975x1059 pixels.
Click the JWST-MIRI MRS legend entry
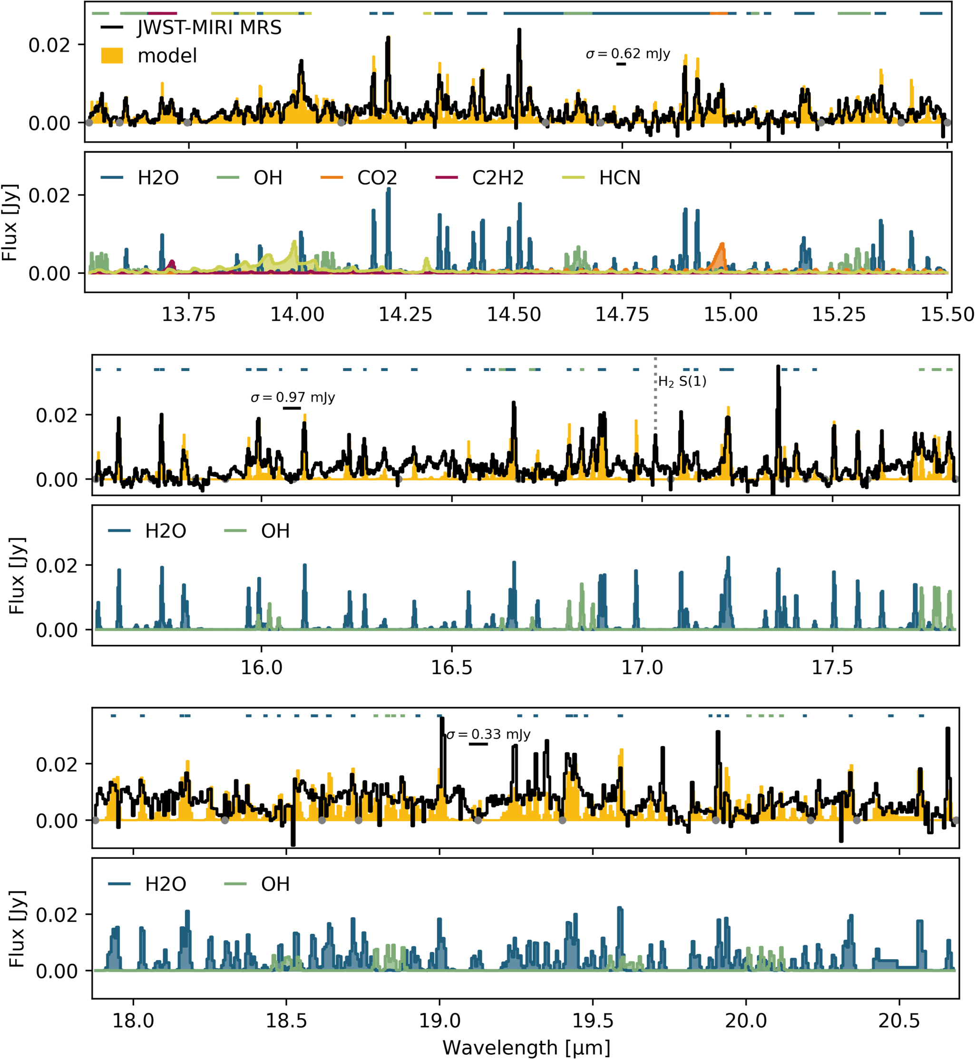(x=209, y=28)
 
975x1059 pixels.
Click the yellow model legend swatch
(x=112, y=55)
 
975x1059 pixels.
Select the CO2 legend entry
(x=377, y=178)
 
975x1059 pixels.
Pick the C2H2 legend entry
(x=497, y=178)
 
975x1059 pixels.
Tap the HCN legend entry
(x=619, y=178)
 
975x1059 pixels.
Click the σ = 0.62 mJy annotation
(x=628, y=54)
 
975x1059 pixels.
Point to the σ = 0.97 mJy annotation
(x=293, y=397)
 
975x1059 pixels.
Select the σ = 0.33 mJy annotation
(x=488, y=734)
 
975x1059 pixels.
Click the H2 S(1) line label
(x=682, y=381)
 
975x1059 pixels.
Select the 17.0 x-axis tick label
(x=642, y=668)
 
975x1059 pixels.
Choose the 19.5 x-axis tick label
(x=593, y=1020)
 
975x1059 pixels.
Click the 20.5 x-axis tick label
(x=899, y=1020)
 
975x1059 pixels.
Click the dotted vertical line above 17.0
(x=655, y=401)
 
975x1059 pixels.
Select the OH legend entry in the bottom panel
(x=275, y=884)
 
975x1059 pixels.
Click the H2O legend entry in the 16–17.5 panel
(x=165, y=531)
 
